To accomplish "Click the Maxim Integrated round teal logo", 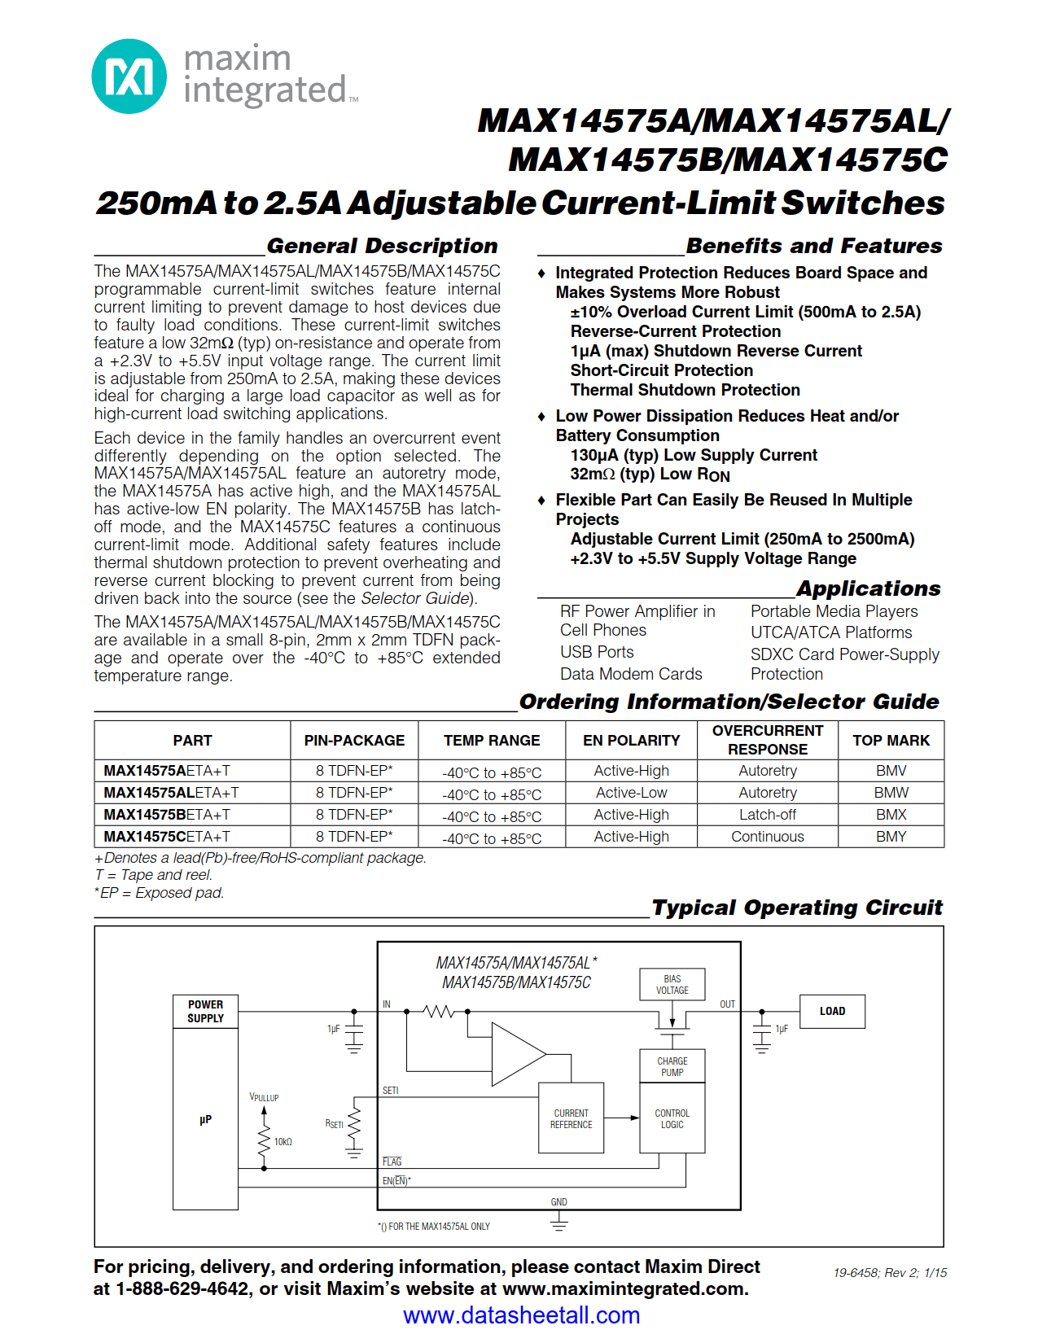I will click(x=129, y=77).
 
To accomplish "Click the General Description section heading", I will click(x=382, y=246).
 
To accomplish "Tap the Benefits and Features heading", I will click(x=813, y=246).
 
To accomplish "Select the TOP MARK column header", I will click(x=891, y=740).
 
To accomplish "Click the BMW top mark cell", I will click(x=891, y=792).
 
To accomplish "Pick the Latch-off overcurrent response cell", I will click(x=767, y=814).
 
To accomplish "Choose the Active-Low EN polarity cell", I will click(x=631, y=792).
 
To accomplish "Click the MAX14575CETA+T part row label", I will click(x=167, y=836).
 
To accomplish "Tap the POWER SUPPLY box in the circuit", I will click(x=205, y=1011).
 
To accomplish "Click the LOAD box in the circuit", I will click(x=831, y=1011).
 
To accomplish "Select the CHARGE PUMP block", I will click(x=672, y=1066).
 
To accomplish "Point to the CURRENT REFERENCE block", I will click(x=571, y=1118).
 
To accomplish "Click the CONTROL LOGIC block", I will click(x=672, y=1118).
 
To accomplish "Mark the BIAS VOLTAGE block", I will click(x=672, y=984).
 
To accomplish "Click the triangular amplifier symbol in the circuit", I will click(x=515, y=1055).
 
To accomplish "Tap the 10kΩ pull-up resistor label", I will click(x=282, y=1142).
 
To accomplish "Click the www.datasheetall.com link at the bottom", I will click(x=521, y=1315).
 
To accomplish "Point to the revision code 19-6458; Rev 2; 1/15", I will click(x=890, y=1272).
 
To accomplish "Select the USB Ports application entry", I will click(x=596, y=652).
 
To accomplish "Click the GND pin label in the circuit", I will click(x=558, y=1201).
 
